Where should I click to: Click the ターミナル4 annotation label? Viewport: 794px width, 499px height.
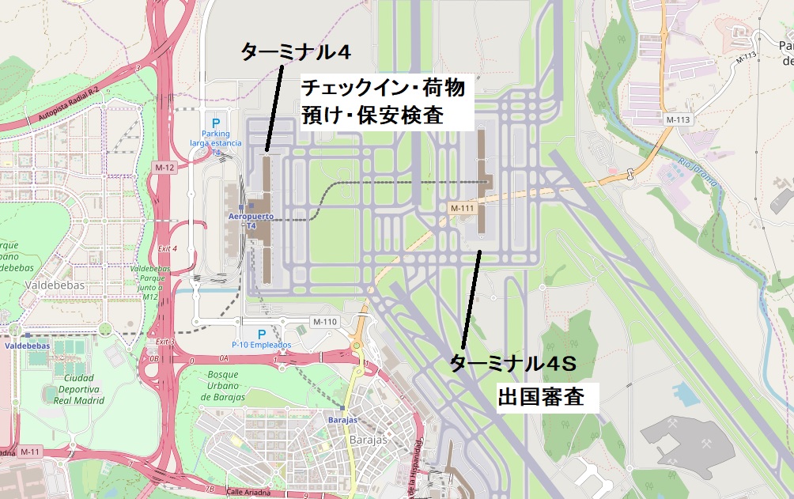coord(295,53)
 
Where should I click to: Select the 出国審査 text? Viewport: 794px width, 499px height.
coord(541,397)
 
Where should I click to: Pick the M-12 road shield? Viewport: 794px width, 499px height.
coord(164,168)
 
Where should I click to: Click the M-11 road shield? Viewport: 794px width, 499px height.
coord(30,452)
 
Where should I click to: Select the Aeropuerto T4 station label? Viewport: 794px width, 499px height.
coord(251,220)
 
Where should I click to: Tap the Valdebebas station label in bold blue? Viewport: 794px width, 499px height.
coord(27,346)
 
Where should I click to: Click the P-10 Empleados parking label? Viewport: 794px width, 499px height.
coord(261,345)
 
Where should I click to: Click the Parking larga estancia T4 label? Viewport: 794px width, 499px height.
coord(215,142)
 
